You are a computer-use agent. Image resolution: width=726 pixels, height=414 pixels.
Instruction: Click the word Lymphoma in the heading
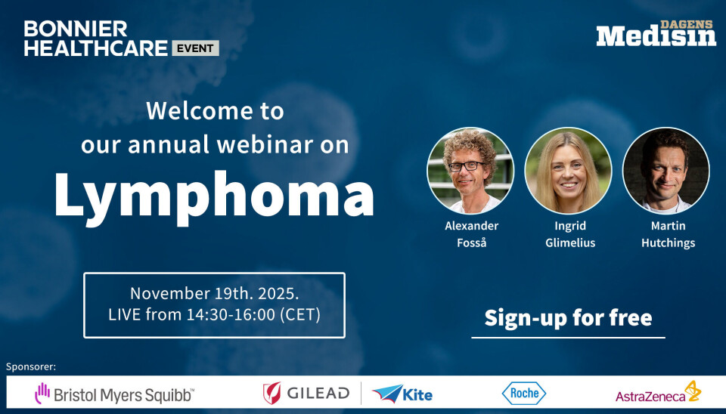coord(214,197)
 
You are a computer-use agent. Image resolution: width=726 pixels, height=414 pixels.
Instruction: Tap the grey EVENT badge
coord(195,48)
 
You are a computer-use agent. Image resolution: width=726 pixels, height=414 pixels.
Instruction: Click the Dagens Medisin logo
coord(656,32)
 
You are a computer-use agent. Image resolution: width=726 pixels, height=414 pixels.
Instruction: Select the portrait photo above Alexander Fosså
coord(470,171)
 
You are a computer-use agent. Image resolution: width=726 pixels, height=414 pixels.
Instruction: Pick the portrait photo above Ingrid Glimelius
coord(568,171)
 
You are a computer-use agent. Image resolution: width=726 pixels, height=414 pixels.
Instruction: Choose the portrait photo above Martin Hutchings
coord(665,171)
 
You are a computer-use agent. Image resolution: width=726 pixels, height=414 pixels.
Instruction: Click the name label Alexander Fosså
coord(471,234)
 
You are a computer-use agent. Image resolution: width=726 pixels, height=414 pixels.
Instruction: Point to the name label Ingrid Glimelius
coord(570,234)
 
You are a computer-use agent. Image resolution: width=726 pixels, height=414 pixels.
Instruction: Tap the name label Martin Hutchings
coord(668,234)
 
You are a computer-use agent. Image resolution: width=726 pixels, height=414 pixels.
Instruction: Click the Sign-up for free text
coord(568,318)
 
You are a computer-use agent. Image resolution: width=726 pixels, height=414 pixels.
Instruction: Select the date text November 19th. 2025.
coord(214,293)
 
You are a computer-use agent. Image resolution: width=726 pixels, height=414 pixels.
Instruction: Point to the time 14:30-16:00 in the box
coord(231,314)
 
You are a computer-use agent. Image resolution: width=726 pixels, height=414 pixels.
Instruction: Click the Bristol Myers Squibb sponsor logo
coord(114,394)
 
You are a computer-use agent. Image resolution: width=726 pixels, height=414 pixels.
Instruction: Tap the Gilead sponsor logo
coord(306,393)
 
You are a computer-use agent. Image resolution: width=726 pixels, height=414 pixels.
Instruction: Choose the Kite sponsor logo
coord(402,394)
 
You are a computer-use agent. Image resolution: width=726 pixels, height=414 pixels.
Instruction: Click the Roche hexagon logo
coord(523,393)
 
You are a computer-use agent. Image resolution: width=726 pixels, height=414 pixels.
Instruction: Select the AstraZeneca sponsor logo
coord(658,392)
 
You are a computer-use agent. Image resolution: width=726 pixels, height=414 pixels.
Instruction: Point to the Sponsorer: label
coord(31,367)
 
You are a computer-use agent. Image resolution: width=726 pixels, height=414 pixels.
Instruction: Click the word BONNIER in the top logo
coord(76,29)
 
